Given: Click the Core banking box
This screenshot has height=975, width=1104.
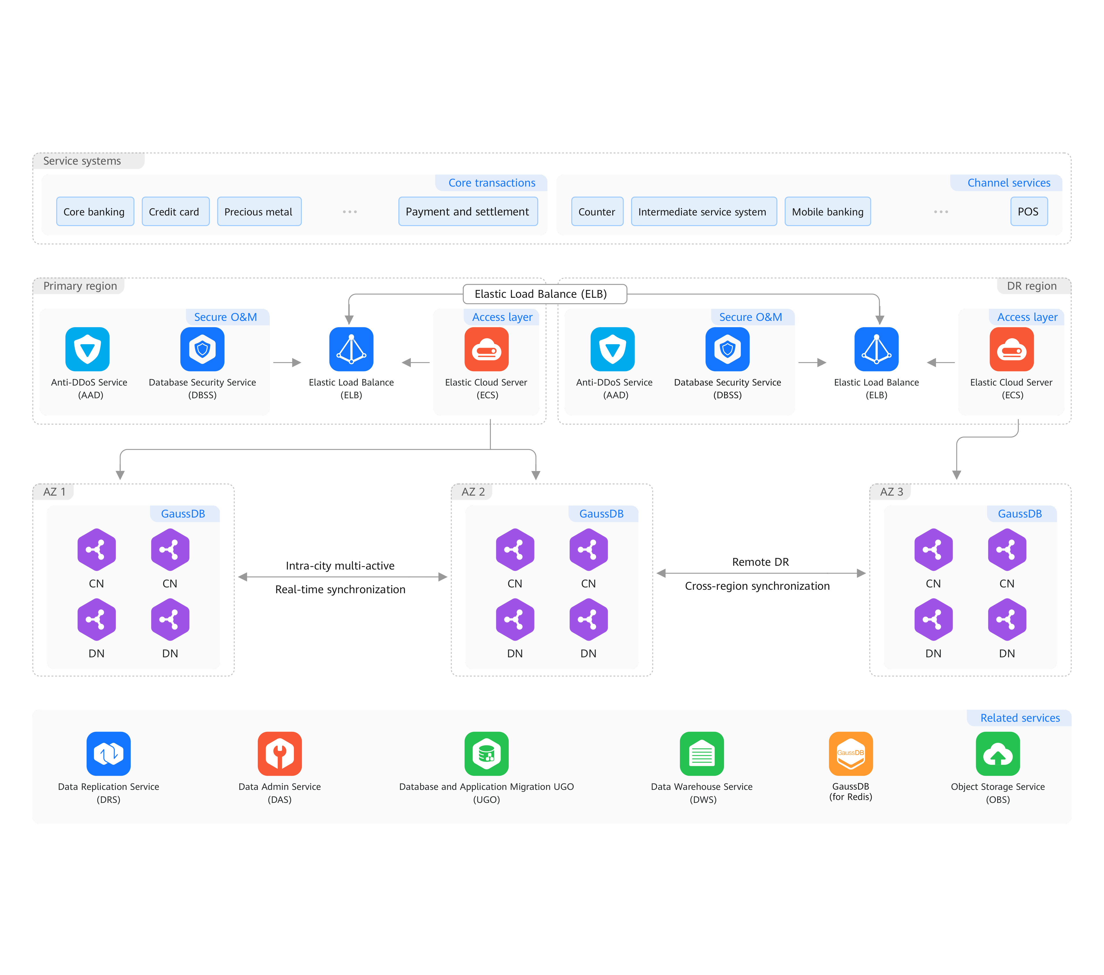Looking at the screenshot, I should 94,212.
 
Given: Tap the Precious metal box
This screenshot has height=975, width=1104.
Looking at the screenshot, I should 259,212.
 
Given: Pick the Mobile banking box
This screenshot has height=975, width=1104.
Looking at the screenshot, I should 827,212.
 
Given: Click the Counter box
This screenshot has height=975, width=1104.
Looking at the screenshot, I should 597,212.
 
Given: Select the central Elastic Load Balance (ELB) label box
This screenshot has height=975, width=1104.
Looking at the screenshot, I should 544,294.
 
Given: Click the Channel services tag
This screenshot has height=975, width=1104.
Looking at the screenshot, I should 1008,183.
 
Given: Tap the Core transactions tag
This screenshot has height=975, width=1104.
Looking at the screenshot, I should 491,183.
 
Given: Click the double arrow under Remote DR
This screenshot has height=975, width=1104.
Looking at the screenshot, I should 760,573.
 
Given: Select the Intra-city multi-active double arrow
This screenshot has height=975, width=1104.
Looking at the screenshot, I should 342,577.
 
